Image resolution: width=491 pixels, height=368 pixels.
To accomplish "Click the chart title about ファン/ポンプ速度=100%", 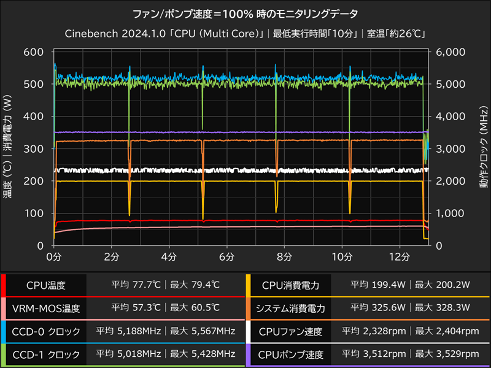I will pyautogui.click(x=245, y=13).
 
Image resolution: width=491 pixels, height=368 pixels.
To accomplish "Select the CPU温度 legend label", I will pyautogui.click(x=46, y=285).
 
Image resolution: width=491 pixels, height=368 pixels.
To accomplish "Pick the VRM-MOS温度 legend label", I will pyautogui.click(x=46, y=309).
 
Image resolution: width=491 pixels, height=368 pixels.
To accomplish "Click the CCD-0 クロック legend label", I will pyautogui.click(x=46, y=332).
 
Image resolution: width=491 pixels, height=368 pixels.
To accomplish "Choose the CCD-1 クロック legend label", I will pyautogui.click(x=46, y=355).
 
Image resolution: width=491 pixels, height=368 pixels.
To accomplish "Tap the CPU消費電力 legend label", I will pyautogui.click(x=290, y=285).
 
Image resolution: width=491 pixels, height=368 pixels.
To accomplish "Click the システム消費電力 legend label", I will pyautogui.click(x=290, y=309).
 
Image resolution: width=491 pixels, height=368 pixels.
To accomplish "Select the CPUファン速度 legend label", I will pyautogui.click(x=290, y=332).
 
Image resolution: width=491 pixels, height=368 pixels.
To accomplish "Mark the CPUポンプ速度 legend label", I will pyautogui.click(x=290, y=355).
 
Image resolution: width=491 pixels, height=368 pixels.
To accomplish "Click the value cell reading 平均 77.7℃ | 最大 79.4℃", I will pyautogui.click(x=164, y=285).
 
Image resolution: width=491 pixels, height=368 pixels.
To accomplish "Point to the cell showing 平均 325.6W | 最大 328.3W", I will pyautogui.click(x=410, y=309).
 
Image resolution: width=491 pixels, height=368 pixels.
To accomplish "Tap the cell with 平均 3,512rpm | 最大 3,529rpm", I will pyautogui.click(x=410, y=355).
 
